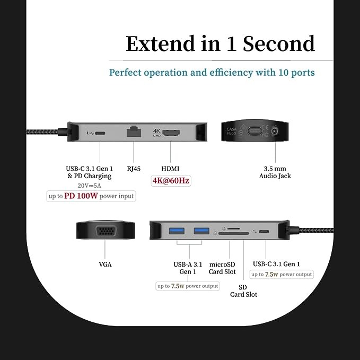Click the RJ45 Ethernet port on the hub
click(134, 132)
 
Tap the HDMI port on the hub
click(171, 133)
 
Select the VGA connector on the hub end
click(106, 231)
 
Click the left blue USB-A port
click(177, 231)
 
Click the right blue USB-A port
click(201, 231)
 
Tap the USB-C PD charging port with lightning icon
click(100, 133)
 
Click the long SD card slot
click(233, 233)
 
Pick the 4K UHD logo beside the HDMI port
click(157, 133)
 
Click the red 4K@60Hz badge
click(171, 181)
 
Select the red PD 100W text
click(81, 196)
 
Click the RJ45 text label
click(134, 169)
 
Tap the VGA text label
click(106, 265)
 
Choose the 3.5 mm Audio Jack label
click(275, 172)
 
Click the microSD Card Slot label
click(222, 268)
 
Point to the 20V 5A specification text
click(89, 186)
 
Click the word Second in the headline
click(279, 43)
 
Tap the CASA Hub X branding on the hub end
click(232, 131)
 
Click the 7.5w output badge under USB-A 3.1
click(188, 286)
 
